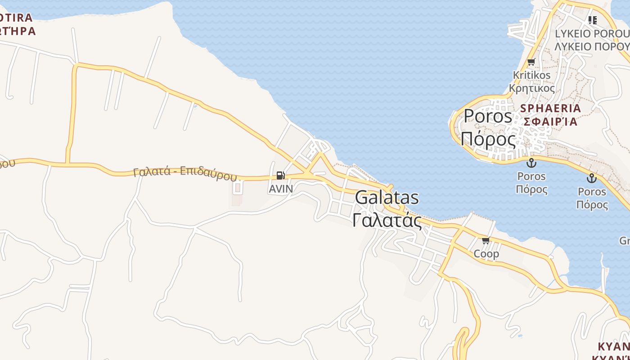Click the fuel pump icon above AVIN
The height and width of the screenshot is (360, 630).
pyautogui.click(x=280, y=175)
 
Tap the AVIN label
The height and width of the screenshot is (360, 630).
pyautogui.click(x=281, y=189)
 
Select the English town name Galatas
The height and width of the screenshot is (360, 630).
pyautogui.click(x=387, y=198)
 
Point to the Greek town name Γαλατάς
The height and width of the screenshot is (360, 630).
pyautogui.click(x=387, y=220)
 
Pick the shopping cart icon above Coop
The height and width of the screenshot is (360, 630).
pyautogui.click(x=486, y=241)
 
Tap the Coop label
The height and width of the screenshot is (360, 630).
pyautogui.click(x=486, y=254)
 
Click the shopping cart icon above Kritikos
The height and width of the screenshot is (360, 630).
pyautogui.click(x=531, y=62)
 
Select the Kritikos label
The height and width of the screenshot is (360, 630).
pyautogui.click(x=532, y=75)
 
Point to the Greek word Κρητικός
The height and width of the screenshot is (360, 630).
pyautogui.click(x=532, y=88)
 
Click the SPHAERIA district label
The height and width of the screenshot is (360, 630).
pyautogui.click(x=551, y=108)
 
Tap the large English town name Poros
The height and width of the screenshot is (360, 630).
pyautogui.click(x=488, y=116)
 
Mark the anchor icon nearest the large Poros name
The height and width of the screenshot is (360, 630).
pyautogui.click(x=531, y=162)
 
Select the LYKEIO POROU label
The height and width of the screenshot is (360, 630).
pyautogui.click(x=592, y=34)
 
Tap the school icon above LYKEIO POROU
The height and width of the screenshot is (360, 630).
pyautogui.click(x=593, y=20)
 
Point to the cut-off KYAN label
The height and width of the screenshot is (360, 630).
pyautogui.click(x=614, y=346)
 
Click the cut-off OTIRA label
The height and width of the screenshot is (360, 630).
pyautogui.click(x=16, y=18)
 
